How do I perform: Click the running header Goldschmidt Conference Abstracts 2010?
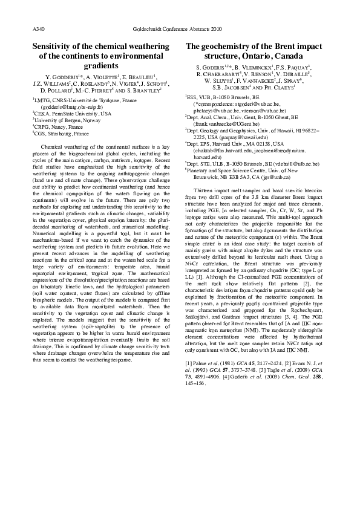click(x=180, y=28)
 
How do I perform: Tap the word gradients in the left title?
click(x=100, y=66)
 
